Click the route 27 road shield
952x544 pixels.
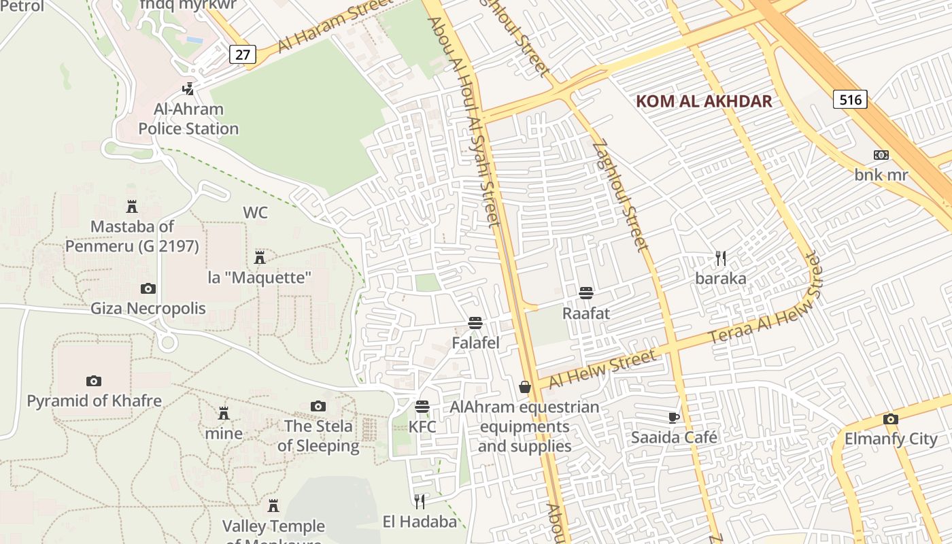tap(243, 54)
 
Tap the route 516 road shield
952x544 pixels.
tap(850, 100)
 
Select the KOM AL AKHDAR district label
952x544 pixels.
tap(704, 102)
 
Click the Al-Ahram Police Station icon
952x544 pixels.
tap(188, 88)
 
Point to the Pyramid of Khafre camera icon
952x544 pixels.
tap(94, 381)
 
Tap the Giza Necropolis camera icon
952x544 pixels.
tap(148, 289)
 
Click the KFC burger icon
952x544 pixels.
tap(422, 407)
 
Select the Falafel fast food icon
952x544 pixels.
tap(475, 323)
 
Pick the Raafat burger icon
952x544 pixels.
tap(586, 293)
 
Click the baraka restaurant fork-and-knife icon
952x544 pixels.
tap(721, 258)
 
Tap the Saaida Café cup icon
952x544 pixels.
tap(674, 417)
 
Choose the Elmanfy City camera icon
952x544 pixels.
tap(890, 419)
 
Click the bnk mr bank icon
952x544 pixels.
tap(881, 155)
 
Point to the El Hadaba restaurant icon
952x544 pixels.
tap(420, 502)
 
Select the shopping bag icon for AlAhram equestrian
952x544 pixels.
tap(525, 387)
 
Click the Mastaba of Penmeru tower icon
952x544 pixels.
tap(132, 206)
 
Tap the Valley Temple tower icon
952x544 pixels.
tap(273, 506)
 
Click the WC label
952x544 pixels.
tap(256, 213)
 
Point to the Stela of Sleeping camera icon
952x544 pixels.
tap(318, 407)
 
